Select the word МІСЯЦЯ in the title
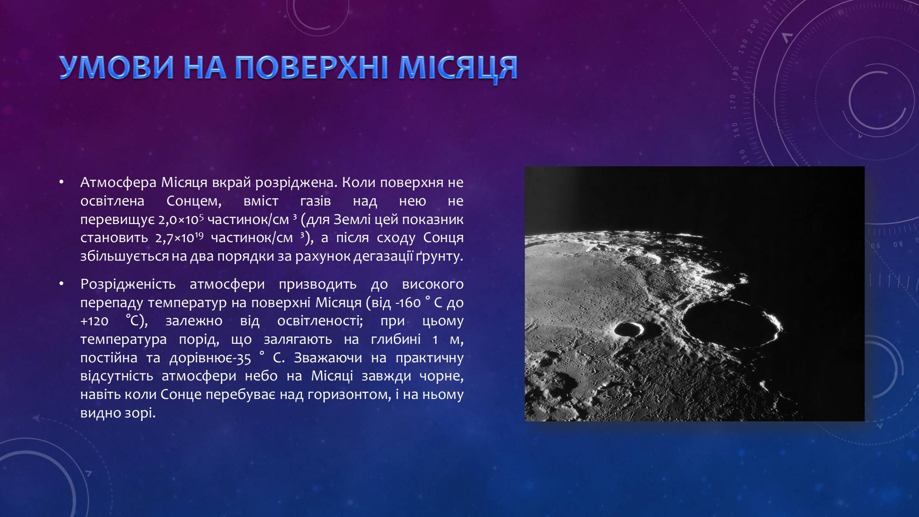[x=458, y=68]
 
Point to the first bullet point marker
[x=62, y=183]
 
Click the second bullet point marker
[x=62, y=284]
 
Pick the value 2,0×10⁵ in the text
[x=181, y=219]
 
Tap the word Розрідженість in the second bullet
[x=128, y=284]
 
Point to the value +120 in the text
[x=94, y=321]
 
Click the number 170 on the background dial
[x=733, y=102]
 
